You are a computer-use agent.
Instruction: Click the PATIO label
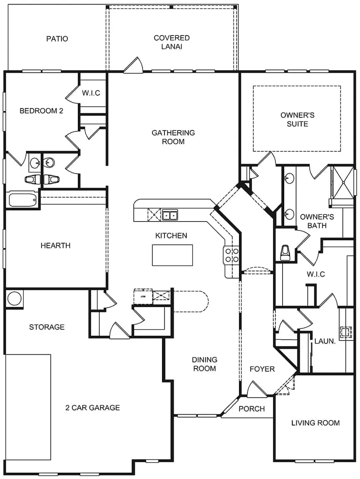(57, 39)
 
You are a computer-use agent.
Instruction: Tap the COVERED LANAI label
(172, 42)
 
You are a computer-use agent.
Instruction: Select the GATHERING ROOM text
(173, 137)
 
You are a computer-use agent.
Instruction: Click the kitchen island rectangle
(172, 255)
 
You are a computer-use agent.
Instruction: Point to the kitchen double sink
(170, 215)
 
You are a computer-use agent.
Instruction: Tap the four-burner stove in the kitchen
(231, 255)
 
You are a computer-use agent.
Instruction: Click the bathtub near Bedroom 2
(23, 200)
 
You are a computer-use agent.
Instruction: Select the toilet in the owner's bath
(285, 252)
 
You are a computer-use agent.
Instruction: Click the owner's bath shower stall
(342, 183)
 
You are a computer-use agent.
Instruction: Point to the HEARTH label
(56, 245)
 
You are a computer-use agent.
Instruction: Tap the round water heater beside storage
(14, 299)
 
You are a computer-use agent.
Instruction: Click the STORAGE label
(47, 327)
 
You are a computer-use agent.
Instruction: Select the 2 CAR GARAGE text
(93, 407)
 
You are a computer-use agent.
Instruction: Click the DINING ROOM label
(205, 364)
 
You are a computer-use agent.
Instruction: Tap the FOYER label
(262, 369)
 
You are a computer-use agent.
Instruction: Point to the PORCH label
(252, 409)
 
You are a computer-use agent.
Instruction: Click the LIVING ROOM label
(316, 423)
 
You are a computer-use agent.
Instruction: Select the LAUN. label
(325, 341)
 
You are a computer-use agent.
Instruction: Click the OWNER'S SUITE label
(297, 119)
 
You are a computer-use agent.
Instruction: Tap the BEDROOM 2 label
(41, 111)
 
